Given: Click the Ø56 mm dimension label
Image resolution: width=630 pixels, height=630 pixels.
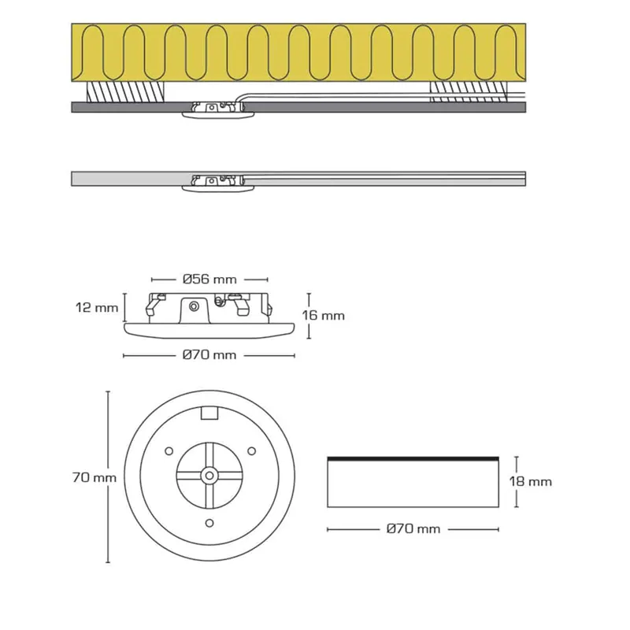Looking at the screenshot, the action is point(209,280).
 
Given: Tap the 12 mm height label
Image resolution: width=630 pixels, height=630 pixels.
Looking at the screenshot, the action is point(97,308).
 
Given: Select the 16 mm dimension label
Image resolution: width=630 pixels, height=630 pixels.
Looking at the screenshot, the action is point(324,316).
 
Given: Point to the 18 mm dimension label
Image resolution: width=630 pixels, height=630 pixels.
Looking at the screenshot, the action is point(530,481).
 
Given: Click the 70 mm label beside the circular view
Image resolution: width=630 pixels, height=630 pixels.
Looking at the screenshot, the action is point(94,477).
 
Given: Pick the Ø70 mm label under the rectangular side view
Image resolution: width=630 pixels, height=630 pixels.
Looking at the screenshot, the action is point(413,528).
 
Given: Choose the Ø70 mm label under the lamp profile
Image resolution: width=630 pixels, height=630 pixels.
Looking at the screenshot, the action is point(209,355).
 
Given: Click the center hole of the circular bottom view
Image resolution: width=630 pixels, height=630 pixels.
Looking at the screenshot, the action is point(209,476).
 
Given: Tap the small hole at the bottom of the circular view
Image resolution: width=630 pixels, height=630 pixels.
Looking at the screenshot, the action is point(209,523).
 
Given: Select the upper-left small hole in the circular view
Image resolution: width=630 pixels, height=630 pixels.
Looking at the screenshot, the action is point(169,451).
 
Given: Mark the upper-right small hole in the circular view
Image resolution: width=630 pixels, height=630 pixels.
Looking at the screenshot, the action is point(251,450).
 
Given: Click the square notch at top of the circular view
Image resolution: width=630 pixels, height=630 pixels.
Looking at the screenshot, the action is point(209,413).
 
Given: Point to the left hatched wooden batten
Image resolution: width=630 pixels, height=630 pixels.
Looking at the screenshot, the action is point(125,92).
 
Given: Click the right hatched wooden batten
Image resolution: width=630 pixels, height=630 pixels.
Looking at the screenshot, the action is point(468,92).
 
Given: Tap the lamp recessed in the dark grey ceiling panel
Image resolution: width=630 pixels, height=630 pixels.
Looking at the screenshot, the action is point(218,109).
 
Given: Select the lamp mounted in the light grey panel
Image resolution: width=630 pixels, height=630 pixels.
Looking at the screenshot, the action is point(218,183).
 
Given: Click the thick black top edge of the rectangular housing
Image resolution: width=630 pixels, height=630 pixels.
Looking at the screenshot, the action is point(413,458).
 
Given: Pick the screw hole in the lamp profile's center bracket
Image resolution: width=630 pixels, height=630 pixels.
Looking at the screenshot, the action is point(194,307).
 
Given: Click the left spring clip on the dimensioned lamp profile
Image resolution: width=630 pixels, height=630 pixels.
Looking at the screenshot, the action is point(154,304).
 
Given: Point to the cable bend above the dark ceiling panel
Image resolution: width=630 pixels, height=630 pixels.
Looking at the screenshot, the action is point(241,98).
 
